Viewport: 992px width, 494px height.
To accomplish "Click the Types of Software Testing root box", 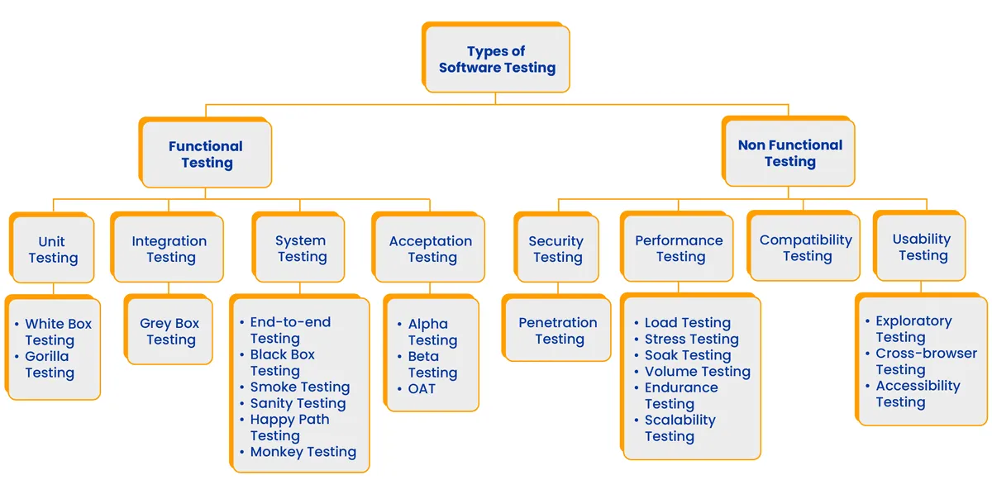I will pyautogui.click(x=497, y=59).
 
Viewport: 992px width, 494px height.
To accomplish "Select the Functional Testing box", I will pyautogui.click(x=207, y=154).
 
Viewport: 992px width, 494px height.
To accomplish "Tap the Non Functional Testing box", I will pyautogui.click(x=789, y=153).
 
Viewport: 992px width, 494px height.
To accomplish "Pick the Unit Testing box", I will pyautogui.click(x=52, y=249).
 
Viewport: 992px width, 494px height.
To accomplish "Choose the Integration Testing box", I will pyautogui.click(x=169, y=249).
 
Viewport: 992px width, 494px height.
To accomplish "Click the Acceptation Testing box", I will pyautogui.click(x=431, y=249).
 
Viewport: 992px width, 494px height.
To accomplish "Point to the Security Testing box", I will pyautogui.click(x=556, y=249).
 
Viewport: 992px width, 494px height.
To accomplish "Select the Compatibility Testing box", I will pyautogui.click(x=806, y=248).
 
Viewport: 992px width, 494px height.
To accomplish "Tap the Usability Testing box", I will pyautogui.click(x=922, y=247).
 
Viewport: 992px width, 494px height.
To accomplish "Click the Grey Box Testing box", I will pyautogui.click(x=169, y=331).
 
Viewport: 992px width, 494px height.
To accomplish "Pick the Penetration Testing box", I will pyautogui.click(x=558, y=330).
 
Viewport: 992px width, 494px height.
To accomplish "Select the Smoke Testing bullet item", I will pyautogui.click(x=299, y=387).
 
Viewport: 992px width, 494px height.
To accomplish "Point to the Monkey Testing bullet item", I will pyautogui.click(x=303, y=452).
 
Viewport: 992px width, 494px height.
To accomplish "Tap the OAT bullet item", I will pyautogui.click(x=422, y=388).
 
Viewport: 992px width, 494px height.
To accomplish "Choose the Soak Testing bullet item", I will pyautogui.click(x=687, y=355).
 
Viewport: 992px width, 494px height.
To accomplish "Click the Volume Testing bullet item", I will pyautogui.click(x=697, y=372).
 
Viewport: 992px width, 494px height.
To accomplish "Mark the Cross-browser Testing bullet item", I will pyautogui.click(x=925, y=361).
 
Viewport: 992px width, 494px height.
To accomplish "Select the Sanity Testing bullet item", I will pyautogui.click(x=298, y=403).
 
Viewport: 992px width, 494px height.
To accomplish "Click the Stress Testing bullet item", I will pyautogui.click(x=691, y=339).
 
